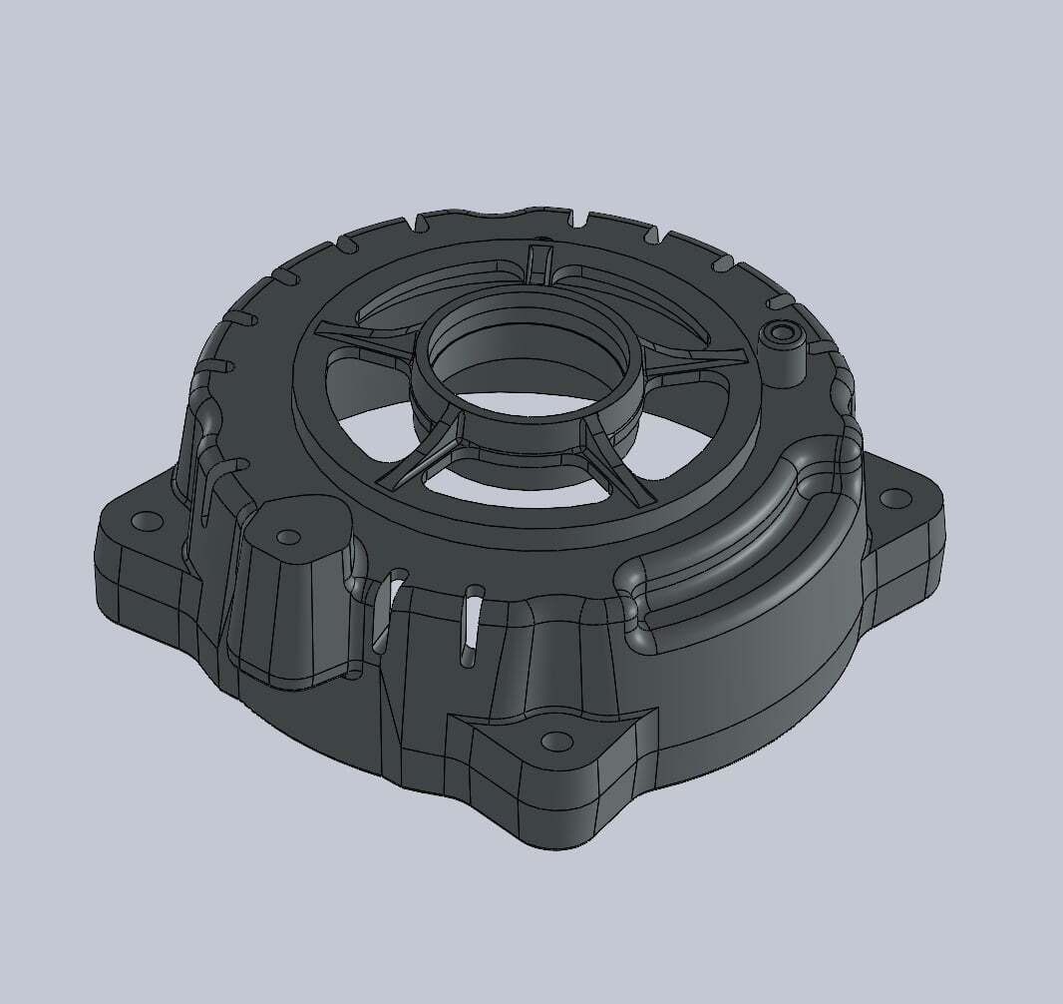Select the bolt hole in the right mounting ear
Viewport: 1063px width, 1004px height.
(893, 496)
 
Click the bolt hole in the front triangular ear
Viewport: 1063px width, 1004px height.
(551, 742)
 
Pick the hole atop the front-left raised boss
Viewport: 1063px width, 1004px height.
(288, 537)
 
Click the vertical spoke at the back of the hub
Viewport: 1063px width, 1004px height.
(538, 264)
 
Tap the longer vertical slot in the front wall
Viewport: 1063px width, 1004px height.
(468, 629)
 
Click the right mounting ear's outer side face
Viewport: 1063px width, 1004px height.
(912, 559)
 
